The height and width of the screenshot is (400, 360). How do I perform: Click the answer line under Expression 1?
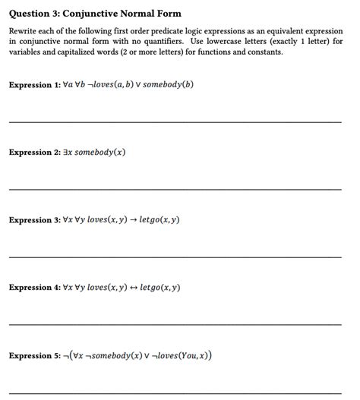pos(175,121)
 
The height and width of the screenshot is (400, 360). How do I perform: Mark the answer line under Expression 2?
pos(175,189)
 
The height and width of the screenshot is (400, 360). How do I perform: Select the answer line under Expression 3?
pos(175,257)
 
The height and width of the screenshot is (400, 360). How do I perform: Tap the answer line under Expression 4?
pos(175,324)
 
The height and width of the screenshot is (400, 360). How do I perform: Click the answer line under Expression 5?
pos(175,392)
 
